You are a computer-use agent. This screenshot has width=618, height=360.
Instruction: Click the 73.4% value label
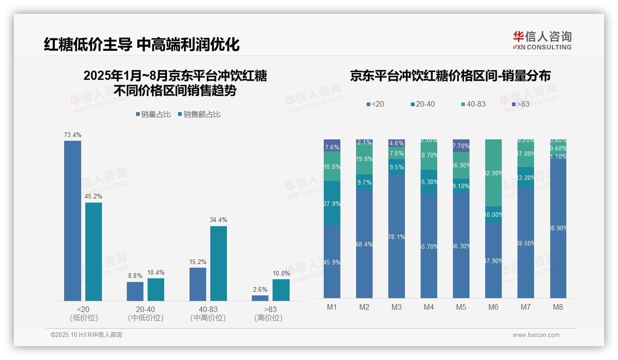73,135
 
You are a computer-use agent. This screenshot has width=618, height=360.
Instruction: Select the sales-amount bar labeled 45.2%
94,252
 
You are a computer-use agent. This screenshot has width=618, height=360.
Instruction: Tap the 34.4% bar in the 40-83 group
219,263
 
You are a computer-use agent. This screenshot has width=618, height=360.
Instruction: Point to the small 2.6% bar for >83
260,298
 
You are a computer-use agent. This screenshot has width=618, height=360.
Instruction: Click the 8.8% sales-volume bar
135,291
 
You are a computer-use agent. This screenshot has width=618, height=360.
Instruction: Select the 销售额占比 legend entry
199,114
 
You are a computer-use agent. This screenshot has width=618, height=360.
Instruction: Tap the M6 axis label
493,307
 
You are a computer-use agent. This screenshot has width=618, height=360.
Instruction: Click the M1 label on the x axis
332,307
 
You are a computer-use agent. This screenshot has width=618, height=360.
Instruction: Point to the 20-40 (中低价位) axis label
146,313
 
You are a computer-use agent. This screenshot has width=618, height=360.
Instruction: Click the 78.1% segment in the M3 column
397,236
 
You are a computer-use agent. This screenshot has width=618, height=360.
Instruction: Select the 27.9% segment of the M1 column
332,203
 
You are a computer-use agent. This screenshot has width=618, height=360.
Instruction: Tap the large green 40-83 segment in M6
493,173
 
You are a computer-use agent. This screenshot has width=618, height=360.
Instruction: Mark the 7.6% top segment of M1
332,145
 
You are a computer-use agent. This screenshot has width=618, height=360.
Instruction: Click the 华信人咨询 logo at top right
542,41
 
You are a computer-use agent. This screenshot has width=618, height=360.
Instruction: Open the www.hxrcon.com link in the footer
536,335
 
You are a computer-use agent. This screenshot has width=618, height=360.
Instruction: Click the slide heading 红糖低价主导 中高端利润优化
142,45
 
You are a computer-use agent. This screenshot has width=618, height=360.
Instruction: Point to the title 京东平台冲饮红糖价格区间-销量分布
450,76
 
